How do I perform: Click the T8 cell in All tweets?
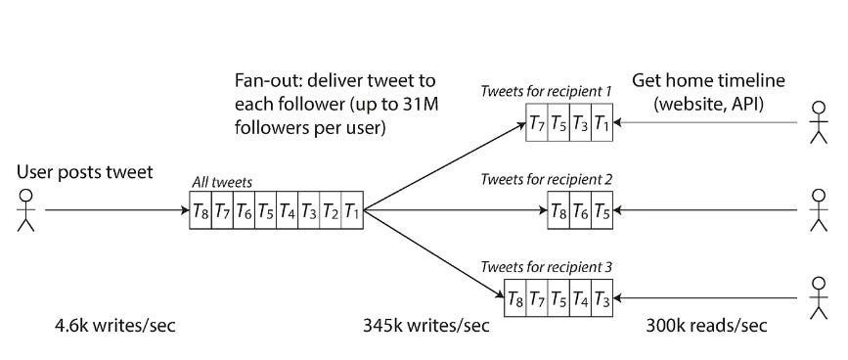pos(201,210)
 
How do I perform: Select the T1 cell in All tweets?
pos(351,210)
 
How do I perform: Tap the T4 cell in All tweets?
pos(287,210)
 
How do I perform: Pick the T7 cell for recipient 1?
pos(536,125)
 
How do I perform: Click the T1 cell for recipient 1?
pos(601,125)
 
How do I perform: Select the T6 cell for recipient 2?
pos(580,210)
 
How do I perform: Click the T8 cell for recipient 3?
pos(514,296)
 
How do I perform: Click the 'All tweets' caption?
pos(222,181)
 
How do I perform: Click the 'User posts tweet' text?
pos(84,173)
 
